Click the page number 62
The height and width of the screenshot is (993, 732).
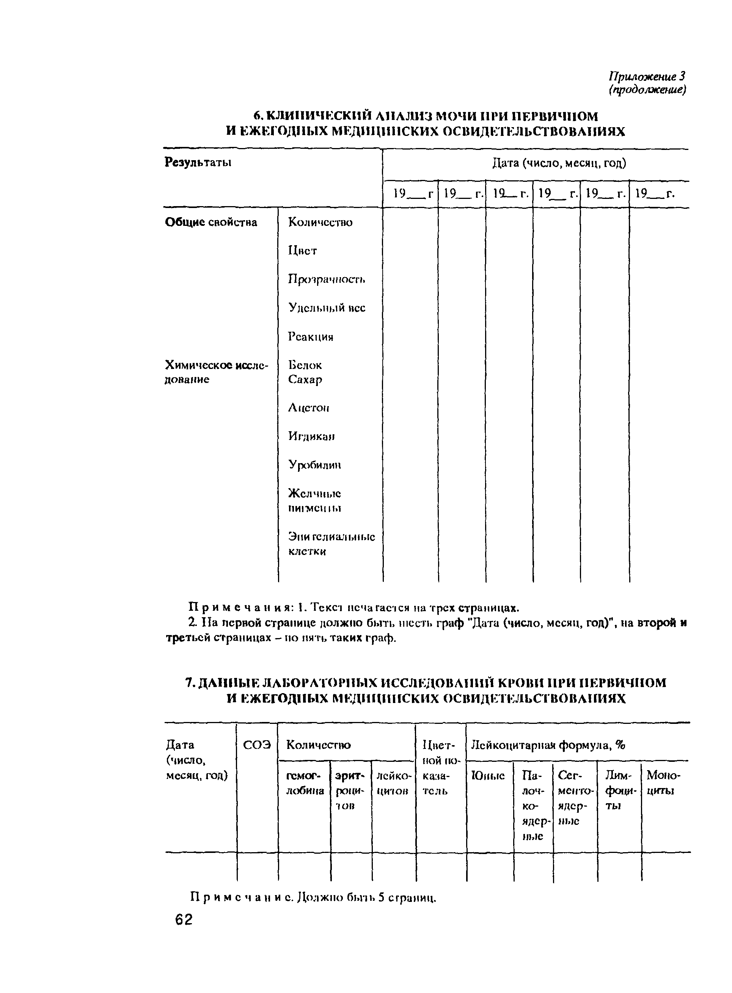click(x=184, y=920)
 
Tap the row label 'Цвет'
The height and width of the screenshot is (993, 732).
click(x=302, y=251)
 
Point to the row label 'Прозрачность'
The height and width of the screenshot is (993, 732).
click(x=327, y=279)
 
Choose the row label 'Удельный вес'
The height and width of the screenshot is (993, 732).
click(x=327, y=308)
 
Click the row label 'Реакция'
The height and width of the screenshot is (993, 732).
click(x=310, y=337)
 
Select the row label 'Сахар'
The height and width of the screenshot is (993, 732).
click(x=305, y=380)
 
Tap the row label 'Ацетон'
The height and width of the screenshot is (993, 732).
click(x=308, y=408)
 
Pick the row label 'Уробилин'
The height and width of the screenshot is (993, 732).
click(x=314, y=465)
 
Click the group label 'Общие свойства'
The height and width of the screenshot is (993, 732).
click(x=211, y=222)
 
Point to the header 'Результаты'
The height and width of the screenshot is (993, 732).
click(x=198, y=162)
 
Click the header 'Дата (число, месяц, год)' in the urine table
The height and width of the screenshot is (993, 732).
click(x=559, y=163)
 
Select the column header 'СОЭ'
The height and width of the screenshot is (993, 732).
click(x=257, y=745)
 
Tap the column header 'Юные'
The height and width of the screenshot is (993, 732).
click(x=488, y=775)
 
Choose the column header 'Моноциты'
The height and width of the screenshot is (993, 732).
click(x=663, y=783)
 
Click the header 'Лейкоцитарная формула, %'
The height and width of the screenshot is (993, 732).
click(x=548, y=745)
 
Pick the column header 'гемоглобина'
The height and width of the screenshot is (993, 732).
click(x=305, y=783)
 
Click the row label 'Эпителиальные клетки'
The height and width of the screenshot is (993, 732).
click(x=331, y=544)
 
